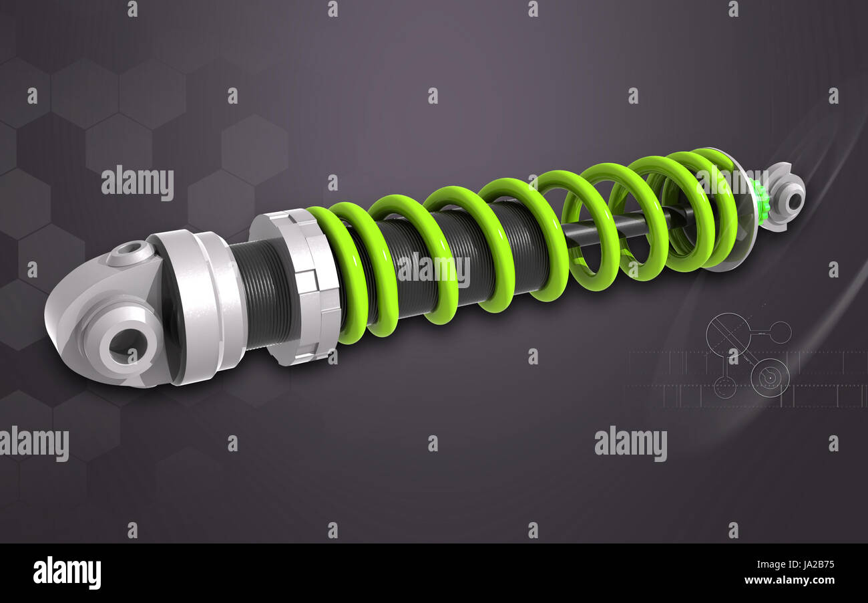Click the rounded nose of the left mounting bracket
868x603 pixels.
[x=63, y=314]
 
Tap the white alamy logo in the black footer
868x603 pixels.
[x=67, y=573]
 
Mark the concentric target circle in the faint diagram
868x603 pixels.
[x=770, y=378]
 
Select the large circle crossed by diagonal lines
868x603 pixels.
[x=728, y=334]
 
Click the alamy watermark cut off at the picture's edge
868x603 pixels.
[x=33, y=444]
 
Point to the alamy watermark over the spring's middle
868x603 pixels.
[x=433, y=269]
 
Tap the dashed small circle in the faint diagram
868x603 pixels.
[x=724, y=386]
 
